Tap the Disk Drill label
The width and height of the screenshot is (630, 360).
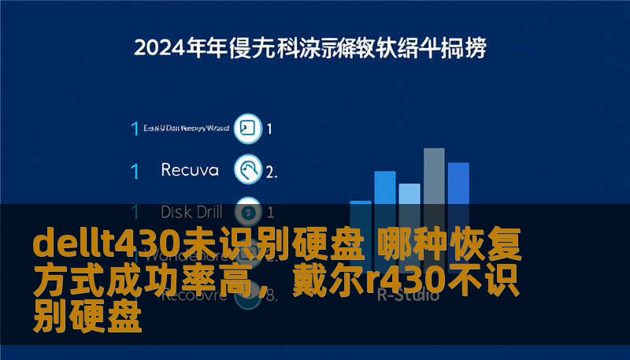point(191,211)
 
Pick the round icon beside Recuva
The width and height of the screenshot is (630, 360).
point(249,169)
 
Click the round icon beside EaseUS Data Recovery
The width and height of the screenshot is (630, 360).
point(249,128)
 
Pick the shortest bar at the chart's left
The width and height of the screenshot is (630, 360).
point(360,236)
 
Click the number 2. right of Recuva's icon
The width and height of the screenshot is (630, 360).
point(271,170)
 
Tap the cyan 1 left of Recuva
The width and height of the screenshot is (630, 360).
point(135,170)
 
